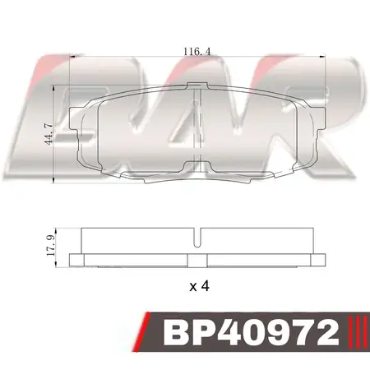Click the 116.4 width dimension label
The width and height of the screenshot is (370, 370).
pyautogui.click(x=197, y=52)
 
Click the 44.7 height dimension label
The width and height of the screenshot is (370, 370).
pyautogui.click(x=49, y=134)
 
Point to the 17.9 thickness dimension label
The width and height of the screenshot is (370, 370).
pyautogui.click(x=50, y=246)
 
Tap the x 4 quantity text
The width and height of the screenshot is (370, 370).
pyautogui.click(x=199, y=286)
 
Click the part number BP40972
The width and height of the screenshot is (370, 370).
pyautogui.click(x=251, y=333)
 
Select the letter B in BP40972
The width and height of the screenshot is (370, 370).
pyautogui.click(x=176, y=333)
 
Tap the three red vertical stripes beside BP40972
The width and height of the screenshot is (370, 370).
pyautogui.click(x=358, y=332)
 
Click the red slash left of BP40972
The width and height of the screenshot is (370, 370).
pyautogui.click(x=141, y=331)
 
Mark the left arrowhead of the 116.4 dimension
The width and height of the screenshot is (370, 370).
pyautogui.click(x=72, y=57)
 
